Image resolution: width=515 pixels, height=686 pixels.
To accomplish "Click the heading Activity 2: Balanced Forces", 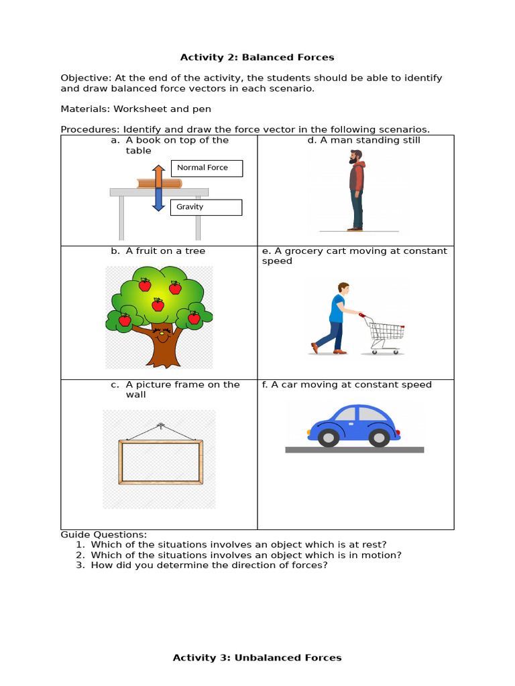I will (257, 58).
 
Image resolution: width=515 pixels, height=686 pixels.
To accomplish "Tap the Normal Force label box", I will (207, 168).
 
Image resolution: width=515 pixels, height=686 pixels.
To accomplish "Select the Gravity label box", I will (206, 207).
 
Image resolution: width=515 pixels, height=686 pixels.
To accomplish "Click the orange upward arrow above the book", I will (158, 175).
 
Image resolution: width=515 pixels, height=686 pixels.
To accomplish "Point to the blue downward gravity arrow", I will (158, 200).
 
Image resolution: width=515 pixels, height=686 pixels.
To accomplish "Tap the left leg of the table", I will (121, 218).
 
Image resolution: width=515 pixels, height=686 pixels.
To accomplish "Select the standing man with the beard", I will (357, 191).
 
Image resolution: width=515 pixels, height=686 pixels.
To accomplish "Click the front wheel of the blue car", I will (379, 438).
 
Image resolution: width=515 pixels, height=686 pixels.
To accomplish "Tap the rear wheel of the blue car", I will (328, 438).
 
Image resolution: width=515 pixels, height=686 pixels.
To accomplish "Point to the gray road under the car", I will (354, 450).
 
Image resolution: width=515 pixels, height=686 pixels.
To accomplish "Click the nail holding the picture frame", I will (160, 425).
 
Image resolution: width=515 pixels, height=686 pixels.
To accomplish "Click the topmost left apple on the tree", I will (145, 285).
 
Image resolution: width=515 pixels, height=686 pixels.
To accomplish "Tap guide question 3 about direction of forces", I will (209, 565).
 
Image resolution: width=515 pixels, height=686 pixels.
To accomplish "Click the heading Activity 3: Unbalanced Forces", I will (257, 658).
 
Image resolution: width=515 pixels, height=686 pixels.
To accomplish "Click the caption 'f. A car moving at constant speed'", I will (347, 385).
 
